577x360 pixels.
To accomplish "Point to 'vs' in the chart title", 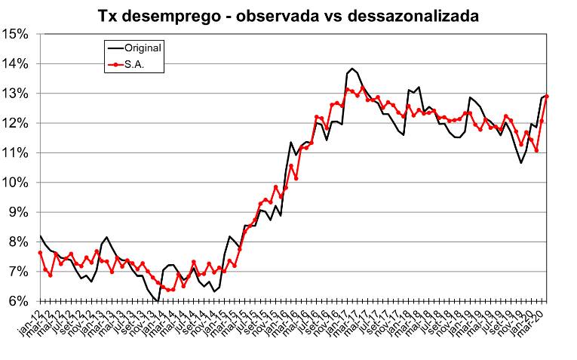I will (333, 16).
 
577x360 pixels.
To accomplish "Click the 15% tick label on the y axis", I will (15, 34).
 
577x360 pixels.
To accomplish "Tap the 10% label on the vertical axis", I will (15, 183).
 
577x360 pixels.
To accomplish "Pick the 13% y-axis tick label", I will (15, 94).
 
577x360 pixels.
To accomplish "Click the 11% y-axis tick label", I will (15, 153).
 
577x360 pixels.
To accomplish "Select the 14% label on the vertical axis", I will (15, 64).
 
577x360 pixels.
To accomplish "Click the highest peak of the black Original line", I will (352, 69).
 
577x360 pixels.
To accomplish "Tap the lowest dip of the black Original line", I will (158, 301).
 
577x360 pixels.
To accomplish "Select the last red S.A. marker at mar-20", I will (546, 96).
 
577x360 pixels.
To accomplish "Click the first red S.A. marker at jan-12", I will (40, 253).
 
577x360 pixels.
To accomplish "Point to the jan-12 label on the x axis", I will (32, 317).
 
